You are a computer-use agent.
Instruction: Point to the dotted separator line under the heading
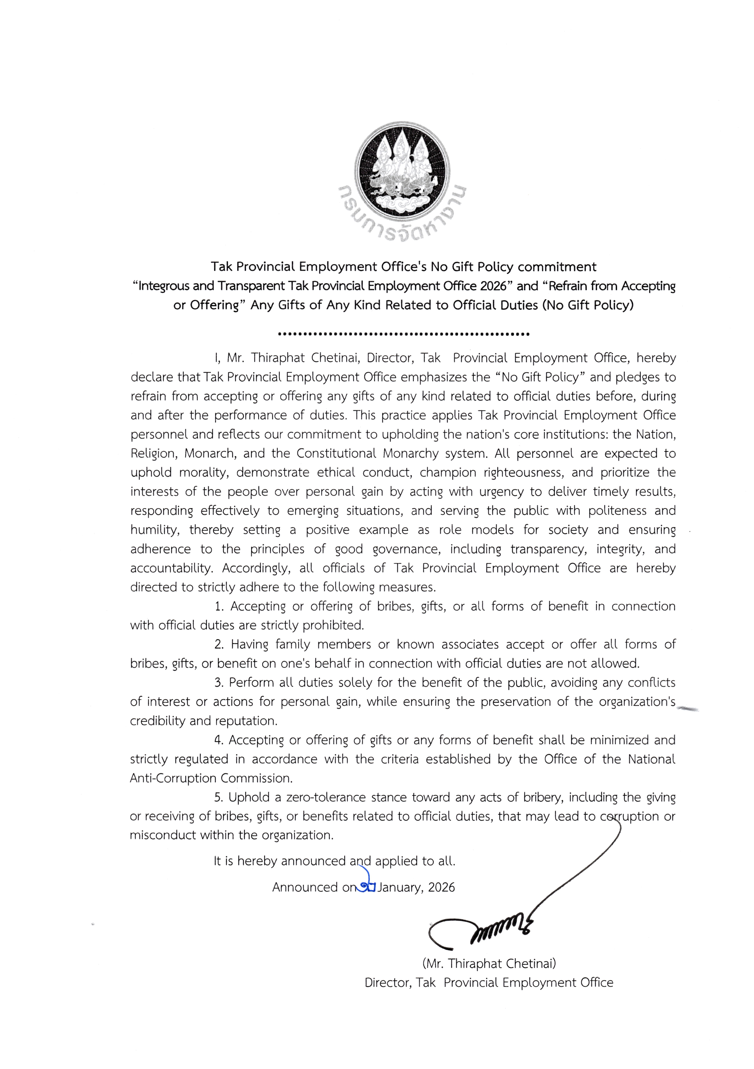coord(403,334)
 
